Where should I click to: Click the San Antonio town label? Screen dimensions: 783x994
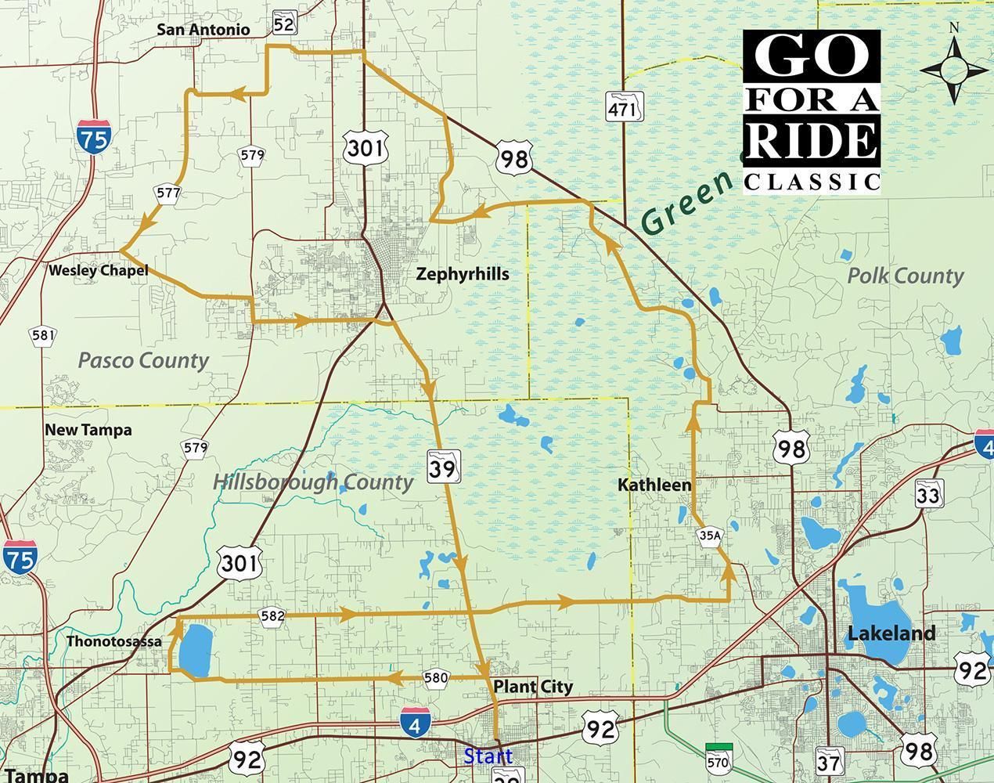(203, 30)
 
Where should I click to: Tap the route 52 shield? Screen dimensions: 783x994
(284, 25)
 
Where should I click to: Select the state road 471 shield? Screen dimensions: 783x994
(624, 107)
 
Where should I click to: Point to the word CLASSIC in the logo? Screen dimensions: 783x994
(811, 182)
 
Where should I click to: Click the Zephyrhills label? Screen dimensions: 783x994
(462, 274)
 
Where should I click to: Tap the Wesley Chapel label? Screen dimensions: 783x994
(98, 271)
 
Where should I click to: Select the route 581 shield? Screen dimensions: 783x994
(43, 337)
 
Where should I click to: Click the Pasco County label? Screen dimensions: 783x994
(143, 360)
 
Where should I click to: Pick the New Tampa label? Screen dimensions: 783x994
(88, 430)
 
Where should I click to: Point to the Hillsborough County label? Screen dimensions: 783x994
(312, 482)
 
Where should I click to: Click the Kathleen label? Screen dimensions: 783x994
(654, 485)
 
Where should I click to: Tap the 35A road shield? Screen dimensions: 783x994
(710, 536)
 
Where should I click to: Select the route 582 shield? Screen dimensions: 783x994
(272, 616)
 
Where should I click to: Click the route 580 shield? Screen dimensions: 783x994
(435, 677)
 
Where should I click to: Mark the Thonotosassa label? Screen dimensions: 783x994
(113, 641)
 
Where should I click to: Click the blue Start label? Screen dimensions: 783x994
(488, 756)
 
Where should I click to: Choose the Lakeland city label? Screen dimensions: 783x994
(891, 633)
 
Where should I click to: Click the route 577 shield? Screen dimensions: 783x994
(168, 193)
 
